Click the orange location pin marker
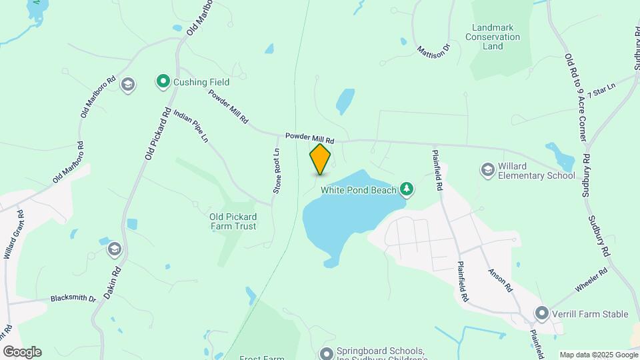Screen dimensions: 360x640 pyautogui.click(x=320, y=159)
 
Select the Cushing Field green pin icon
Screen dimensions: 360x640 pyautogui.click(x=163, y=82)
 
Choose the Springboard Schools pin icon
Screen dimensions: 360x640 pyautogui.click(x=326, y=353)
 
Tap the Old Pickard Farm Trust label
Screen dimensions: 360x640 pyautogui.click(x=233, y=221)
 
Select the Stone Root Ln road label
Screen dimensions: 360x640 pyautogui.click(x=276, y=171)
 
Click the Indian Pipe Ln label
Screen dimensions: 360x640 pyautogui.click(x=191, y=126)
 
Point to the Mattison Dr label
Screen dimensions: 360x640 pyautogui.click(x=434, y=49)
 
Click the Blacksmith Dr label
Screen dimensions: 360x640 pyautogui.click(x=73, y=297)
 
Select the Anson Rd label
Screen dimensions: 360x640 pyautogui.click(x=499, y=281)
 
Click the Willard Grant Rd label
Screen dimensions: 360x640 pyautogui.click(x=13, y=235)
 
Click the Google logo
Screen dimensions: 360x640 pyautogui.click(x=22, y=352)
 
